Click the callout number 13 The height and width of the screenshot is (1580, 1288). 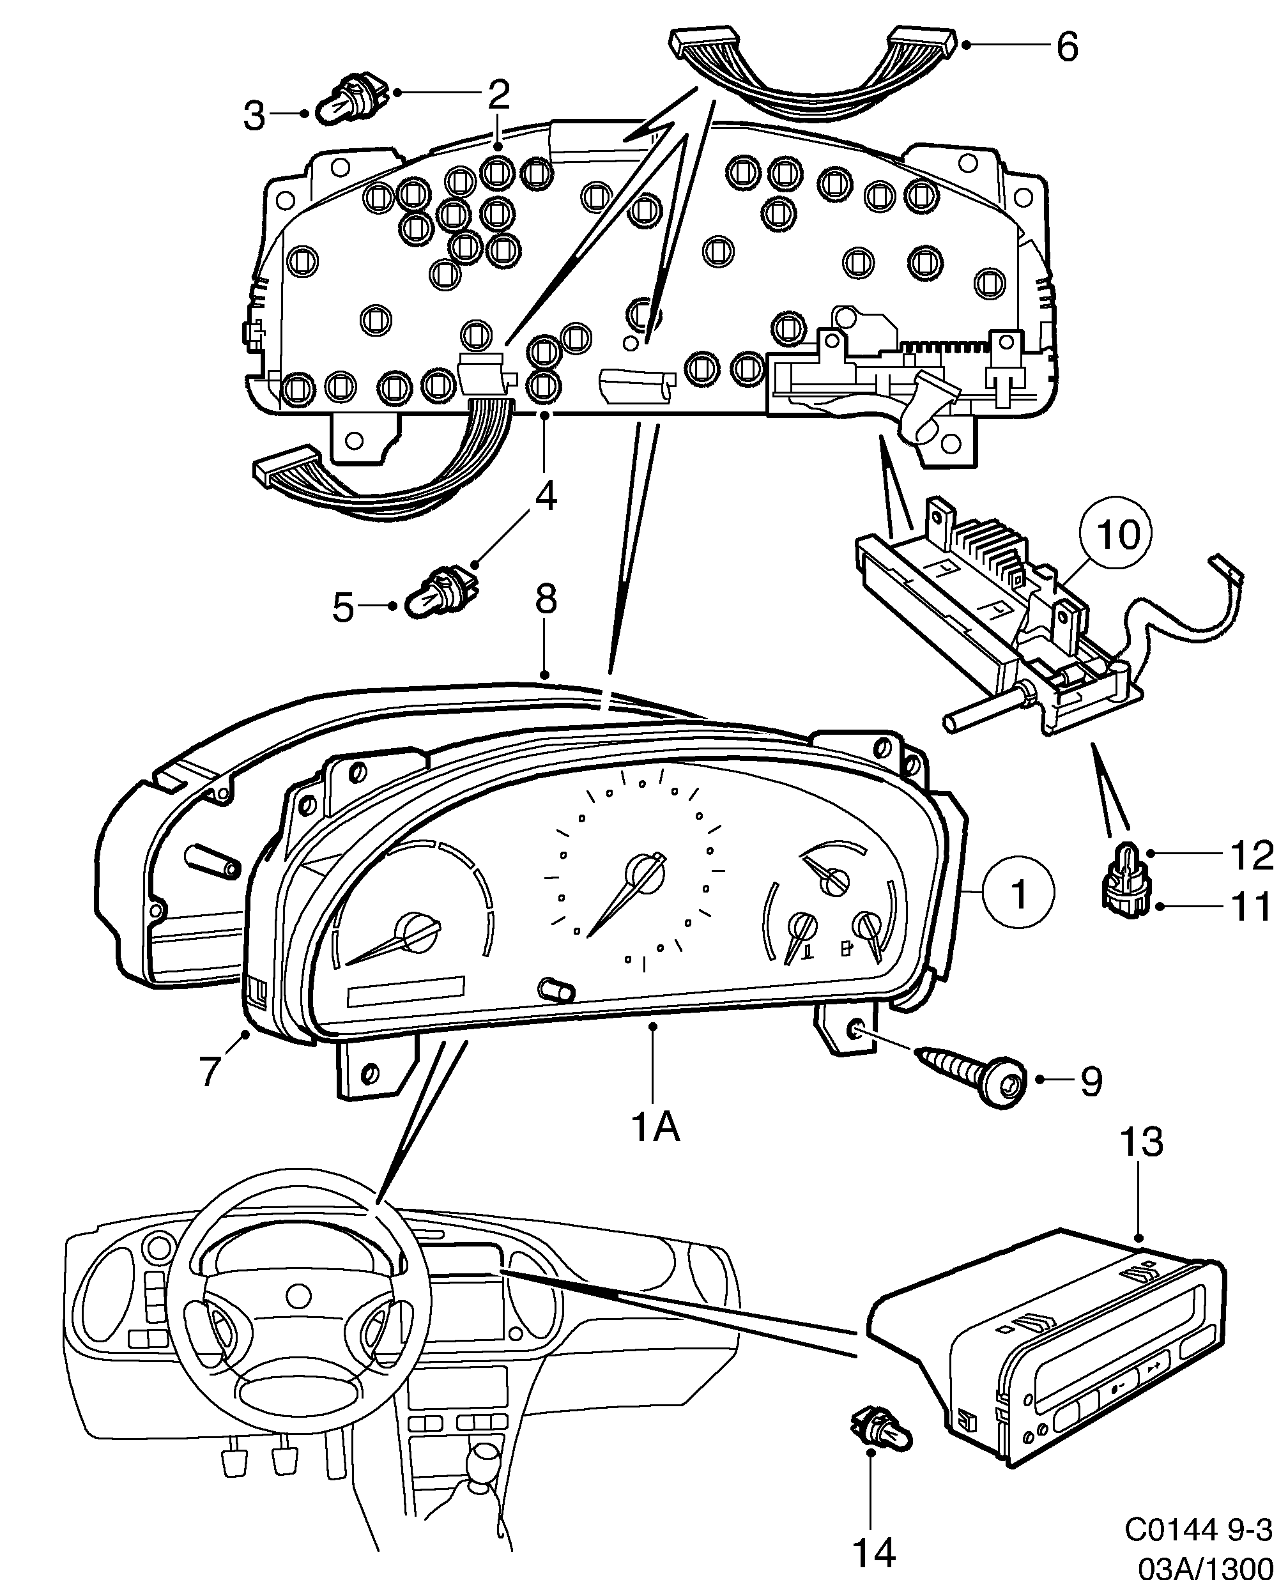tap(1140, 1142)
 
